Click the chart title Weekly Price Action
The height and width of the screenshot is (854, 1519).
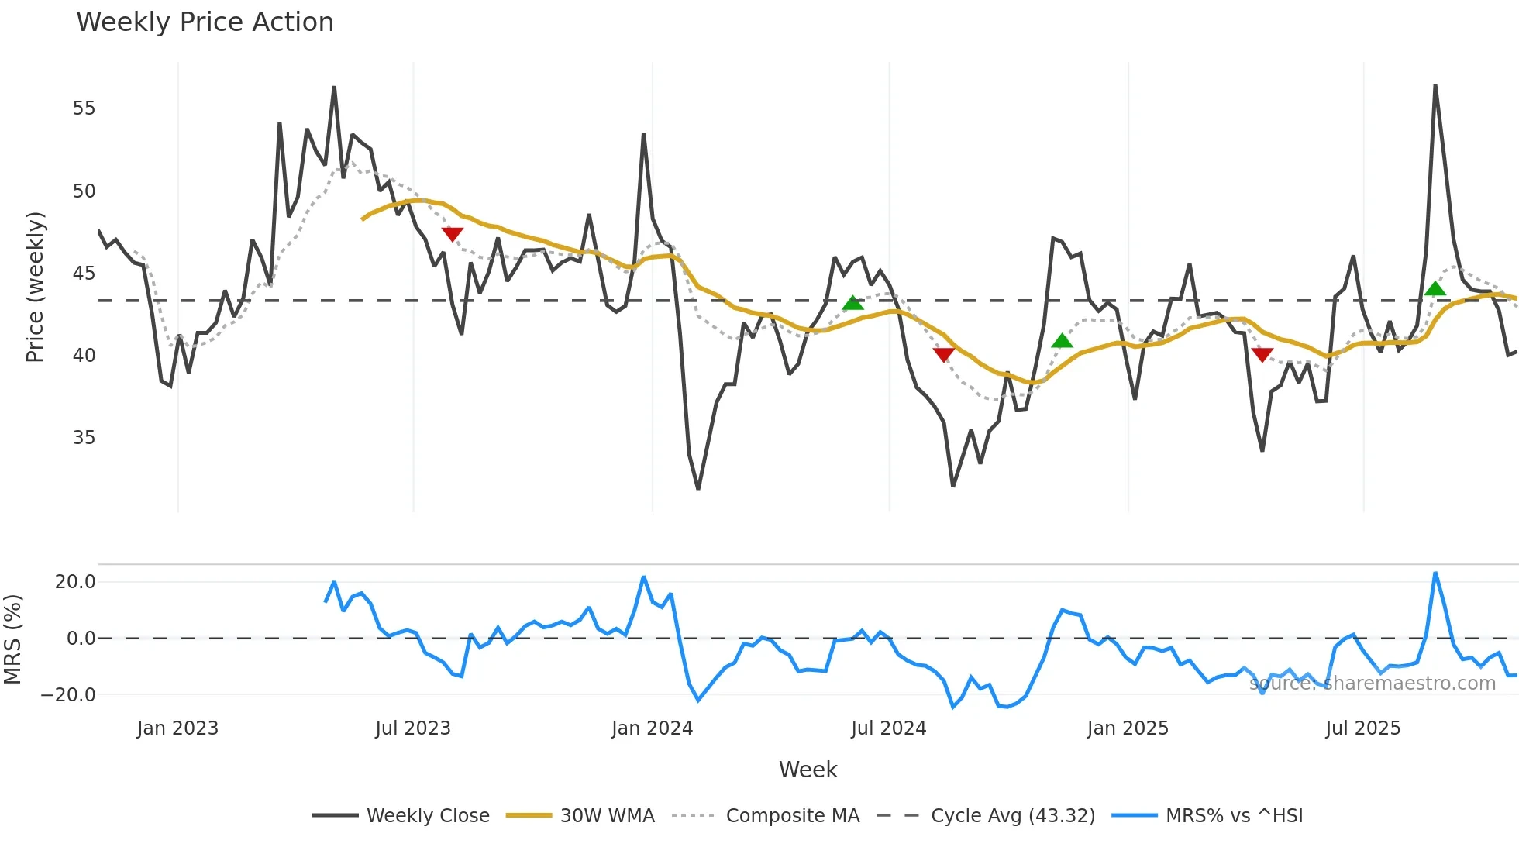click(x=205, y=22)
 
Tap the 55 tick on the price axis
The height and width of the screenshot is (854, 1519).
click(x=84, y=108)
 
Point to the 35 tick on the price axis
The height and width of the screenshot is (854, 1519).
click(x=84, y=438)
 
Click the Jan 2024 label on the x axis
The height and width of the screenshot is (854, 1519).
click(x=652, y=728)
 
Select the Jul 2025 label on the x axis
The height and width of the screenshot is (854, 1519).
click(x=1362, y=728)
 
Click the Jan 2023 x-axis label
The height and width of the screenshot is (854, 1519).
click(x=177, y=728)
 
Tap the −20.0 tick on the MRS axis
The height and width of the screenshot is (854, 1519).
click(x=68, y=695)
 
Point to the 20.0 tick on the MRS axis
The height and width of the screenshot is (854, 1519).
click(x=75, y=582)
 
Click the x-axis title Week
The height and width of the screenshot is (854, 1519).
click(x=808, y=770)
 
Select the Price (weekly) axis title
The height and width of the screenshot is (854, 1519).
click(x=35, y=287)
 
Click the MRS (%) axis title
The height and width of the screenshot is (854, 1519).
click(x=12, y=639)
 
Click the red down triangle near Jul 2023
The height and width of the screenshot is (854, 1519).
click(x=452, y=233)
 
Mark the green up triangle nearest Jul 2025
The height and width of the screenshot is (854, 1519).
click(x=1435, y=289)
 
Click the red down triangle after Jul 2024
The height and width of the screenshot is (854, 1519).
click(x=943, y=355)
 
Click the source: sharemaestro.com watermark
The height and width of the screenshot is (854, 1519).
click(x=1372, y=684)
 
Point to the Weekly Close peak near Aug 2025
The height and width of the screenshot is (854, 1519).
click(x=1435, y=87)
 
